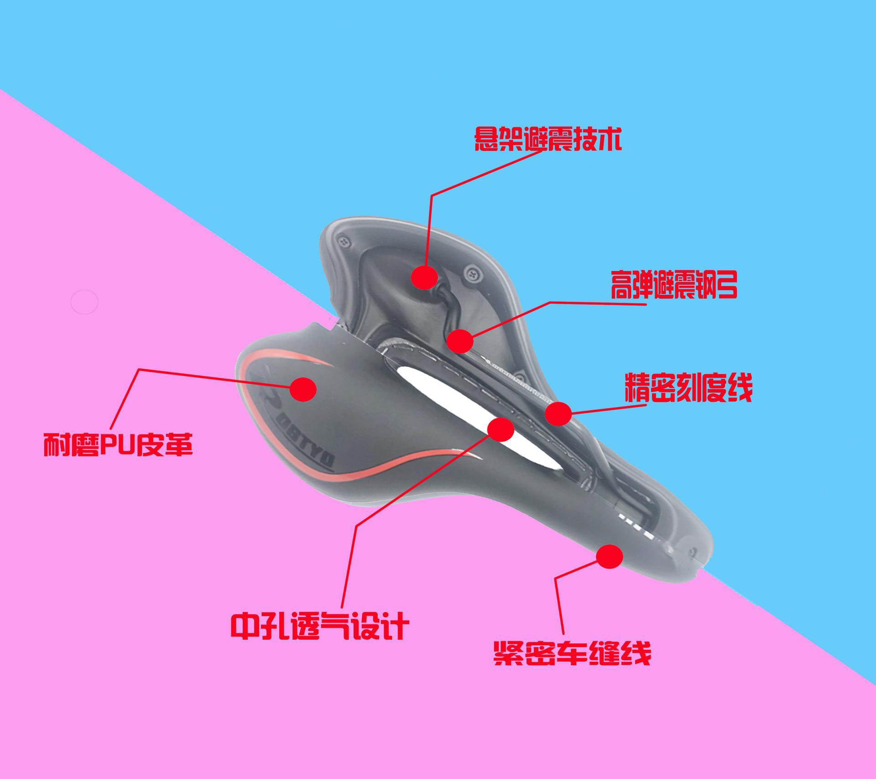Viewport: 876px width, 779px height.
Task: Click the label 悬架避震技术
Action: tap(548, 139)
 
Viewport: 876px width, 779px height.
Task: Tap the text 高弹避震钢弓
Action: tap(674, 285)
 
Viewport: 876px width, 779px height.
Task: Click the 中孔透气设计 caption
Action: tap(320, 626)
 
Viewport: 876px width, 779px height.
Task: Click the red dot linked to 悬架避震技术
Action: tap(424, 277)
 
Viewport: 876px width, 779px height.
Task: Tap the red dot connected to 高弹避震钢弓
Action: tap(459, 340)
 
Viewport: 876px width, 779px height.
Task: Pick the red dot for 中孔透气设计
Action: tap(501, 429)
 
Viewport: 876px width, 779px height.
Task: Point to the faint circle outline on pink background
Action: tap(84, 302)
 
